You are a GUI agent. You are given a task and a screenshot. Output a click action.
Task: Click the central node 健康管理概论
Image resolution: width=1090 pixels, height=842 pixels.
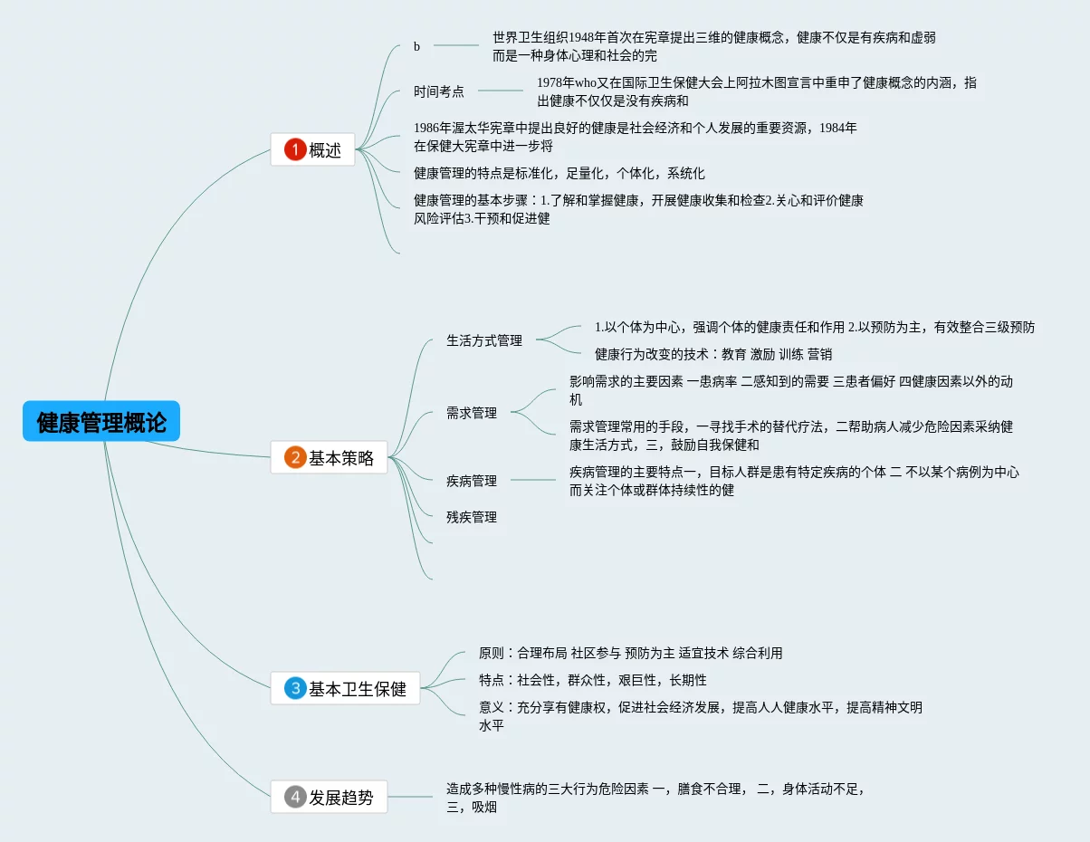coord(101,422)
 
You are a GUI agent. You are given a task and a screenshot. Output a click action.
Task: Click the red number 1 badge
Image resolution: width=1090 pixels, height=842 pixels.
coord(295,150)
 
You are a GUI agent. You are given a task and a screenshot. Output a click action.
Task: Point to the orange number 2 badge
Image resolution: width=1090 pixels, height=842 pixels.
coord(295,458)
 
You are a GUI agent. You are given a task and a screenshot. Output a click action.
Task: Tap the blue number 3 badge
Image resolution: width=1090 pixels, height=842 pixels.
coord(295,689)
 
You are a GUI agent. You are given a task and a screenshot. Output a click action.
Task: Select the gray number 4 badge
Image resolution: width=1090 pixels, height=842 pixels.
coord(295,798)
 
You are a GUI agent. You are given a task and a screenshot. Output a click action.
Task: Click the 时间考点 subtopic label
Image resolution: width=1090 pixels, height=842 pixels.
coord(439,91)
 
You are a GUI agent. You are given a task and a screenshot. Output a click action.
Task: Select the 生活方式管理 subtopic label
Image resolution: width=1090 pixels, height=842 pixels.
coord(484,340)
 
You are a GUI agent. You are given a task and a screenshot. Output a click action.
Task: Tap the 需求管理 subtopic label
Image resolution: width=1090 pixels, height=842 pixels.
coord(472,413)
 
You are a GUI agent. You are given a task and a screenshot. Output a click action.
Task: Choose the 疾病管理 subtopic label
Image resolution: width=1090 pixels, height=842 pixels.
coord(472,481)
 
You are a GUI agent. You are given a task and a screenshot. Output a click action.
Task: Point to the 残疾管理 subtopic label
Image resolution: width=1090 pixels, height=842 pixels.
coord(472,517)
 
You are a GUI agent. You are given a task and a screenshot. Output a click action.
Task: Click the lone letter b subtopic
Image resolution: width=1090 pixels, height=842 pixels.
coord(417,46)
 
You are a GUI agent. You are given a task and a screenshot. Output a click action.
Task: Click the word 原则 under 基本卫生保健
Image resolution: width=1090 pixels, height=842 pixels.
coord(492,653)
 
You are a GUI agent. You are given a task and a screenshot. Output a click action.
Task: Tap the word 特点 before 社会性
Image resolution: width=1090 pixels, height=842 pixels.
coord(492,680)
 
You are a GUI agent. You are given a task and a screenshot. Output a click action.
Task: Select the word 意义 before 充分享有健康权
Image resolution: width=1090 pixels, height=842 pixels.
coord(492,707)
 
